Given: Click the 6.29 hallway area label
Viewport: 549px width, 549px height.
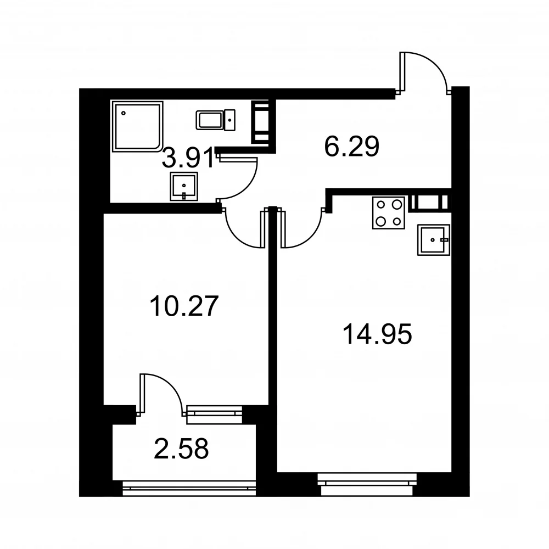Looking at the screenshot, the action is (x=351, y=147).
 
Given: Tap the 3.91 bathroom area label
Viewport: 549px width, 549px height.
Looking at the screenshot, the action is (x=188, y=158).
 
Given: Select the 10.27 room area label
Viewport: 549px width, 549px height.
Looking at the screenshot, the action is (x=184, y=306).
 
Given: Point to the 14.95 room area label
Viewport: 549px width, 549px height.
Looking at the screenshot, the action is (x=378, y=334).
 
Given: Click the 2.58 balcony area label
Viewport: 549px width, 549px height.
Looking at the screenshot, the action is (x=181, y=449).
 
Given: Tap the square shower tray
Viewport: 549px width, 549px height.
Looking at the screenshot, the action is (x=138, y=126).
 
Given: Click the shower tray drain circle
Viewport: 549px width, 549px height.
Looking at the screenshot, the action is (x=123, y=113).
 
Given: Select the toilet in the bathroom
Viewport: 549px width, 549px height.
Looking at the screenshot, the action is (x=215, y=120).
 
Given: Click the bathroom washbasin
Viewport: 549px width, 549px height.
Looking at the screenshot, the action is (x=184, y=186).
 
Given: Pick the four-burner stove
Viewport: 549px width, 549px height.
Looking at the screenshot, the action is (x=389, y=213).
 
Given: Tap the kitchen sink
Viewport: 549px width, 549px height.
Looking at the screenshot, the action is (x=434, y=240).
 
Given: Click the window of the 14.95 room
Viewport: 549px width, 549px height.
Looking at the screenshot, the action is (x=367, y=485).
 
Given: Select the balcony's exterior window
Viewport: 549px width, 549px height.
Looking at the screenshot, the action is (x=189, y=488).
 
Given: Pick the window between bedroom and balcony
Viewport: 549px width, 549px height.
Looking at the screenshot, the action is (x=214, y=415).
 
